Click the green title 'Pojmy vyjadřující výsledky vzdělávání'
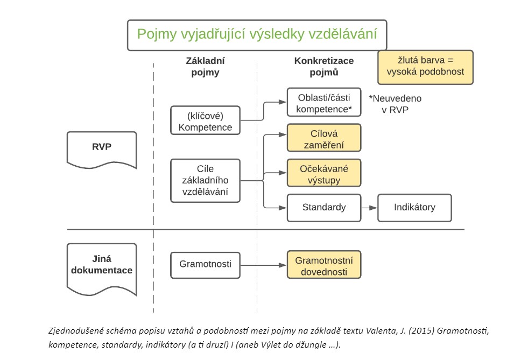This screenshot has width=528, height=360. (257, 34)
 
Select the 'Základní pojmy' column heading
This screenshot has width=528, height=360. (205, 66)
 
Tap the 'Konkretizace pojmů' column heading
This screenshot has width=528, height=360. (324, 66)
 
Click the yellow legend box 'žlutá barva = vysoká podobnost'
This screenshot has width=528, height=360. (425, 67)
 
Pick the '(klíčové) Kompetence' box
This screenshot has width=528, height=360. (206, 121)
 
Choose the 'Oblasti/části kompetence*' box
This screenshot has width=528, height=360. (324, 102)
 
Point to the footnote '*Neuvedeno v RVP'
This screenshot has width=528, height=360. (395, 104)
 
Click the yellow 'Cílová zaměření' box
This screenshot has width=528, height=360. (324, 138)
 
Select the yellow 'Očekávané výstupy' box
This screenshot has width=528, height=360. (324, 173)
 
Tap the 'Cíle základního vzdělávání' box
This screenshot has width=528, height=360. (206, 180)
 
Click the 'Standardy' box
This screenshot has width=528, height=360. (324, 208)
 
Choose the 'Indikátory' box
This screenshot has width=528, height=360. (414, 208)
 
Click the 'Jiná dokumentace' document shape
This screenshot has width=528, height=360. (102, 269)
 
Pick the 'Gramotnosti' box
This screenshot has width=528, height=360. (206, 265)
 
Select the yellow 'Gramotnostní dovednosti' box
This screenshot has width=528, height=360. (324, 265)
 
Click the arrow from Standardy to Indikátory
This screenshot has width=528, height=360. (369, 208)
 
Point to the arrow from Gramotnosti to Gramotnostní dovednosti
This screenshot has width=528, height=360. (264, 265)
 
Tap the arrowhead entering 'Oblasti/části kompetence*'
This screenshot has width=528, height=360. (283, 102)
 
